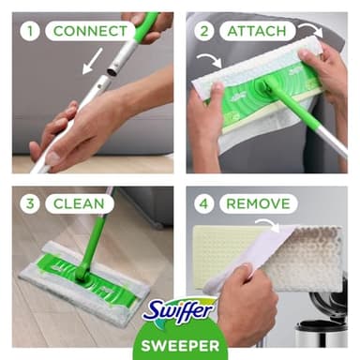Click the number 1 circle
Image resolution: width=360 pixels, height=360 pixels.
coord(30,31)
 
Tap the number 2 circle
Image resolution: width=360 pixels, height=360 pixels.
coord(203,31)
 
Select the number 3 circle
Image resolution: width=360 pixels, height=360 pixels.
coord(30,203)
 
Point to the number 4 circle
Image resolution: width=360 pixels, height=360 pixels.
coord(203,203)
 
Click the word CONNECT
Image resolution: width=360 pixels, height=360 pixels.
coord(90,31)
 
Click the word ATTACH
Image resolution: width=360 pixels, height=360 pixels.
coord(257,31)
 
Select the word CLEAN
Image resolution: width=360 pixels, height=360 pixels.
coord(77,203)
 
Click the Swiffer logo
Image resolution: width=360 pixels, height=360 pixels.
coord(180,312)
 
